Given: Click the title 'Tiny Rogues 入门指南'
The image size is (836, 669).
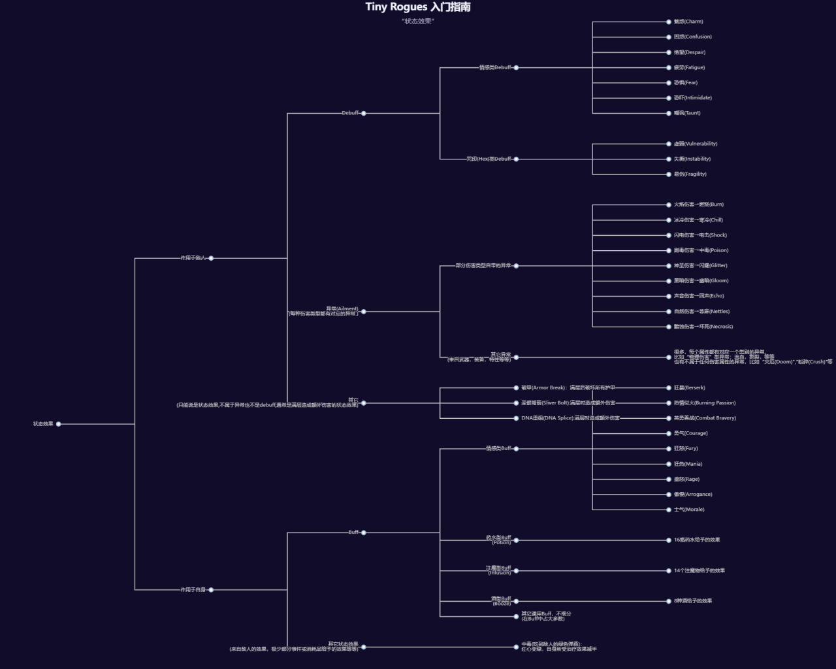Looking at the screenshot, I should coord(418,7).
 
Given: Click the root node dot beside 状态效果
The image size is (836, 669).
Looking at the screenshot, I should coord(59,424).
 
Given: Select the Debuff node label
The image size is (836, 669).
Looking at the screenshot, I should coord(351,113).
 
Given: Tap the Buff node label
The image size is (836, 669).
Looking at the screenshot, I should coord(353,532).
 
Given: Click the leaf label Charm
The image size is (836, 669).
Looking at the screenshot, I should coord(688,22).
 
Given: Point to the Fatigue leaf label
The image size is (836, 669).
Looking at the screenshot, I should coord(689,67).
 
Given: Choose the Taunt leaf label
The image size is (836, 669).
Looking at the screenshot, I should coord(687,113).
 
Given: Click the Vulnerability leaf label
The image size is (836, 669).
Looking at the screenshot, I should coord(696,144).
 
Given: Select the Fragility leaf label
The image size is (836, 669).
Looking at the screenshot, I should coord(690,174).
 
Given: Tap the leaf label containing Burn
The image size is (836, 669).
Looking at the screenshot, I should coord(699,204).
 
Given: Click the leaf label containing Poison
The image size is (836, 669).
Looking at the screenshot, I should coord(701,250).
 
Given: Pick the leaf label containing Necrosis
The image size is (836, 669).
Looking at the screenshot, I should coord(703,327).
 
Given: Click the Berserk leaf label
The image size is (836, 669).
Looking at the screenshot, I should coord(690,388).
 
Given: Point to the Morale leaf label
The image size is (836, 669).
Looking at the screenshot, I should coord(689,510).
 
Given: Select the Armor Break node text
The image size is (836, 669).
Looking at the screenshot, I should coord(568,388).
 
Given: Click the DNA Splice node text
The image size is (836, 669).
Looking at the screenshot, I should coord(570,418).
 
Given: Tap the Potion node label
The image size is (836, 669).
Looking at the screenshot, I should coord(499,540).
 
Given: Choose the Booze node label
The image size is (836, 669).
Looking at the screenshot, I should coord(502,601).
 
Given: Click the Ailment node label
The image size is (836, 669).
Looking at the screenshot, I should coord(342,309).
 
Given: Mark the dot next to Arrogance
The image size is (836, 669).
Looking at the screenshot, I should coord(669,495).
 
